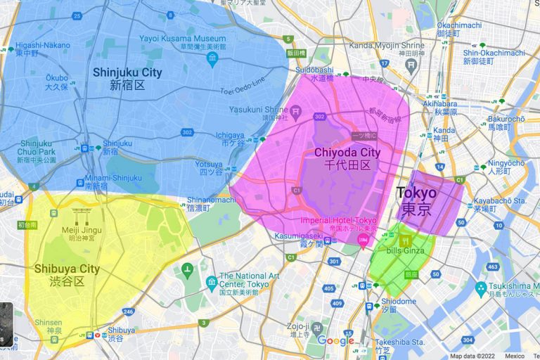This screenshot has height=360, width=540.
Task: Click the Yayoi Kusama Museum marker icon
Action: pyautogui.click(x=212, y=59)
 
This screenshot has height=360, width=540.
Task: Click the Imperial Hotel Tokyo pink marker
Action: pyautogui.click(x=364, y=242)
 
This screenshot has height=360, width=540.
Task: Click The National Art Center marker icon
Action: pyautogui.click(x=211, y=283)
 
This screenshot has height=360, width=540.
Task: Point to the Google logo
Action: pyautogui.click(x=335, y=340)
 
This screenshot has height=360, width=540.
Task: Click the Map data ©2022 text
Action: pyautogui.click(x=475, y=356)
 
